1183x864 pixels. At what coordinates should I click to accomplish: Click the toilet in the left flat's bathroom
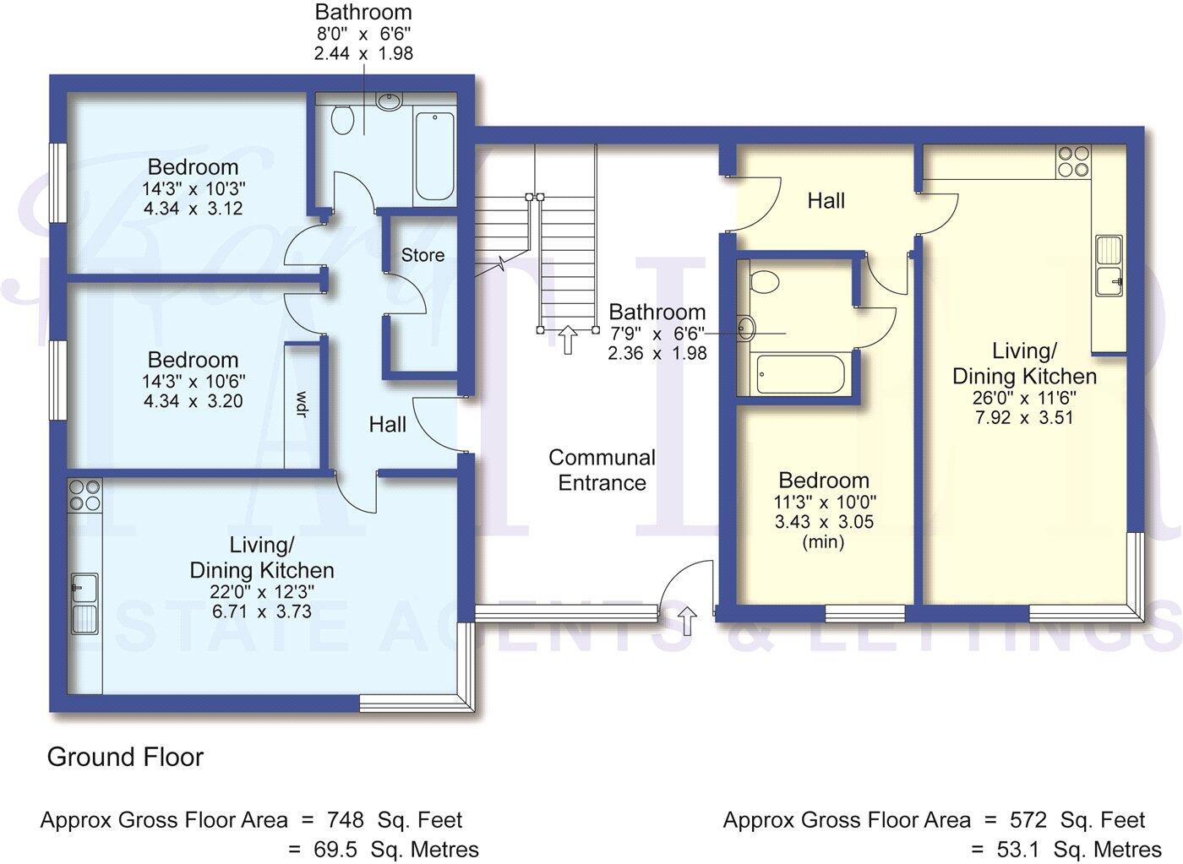(342, 119)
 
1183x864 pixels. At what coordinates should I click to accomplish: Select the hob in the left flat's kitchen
(84, 494)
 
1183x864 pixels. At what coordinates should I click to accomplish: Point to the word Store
(422, 255)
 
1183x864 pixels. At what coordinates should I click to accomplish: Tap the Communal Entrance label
(602, 470)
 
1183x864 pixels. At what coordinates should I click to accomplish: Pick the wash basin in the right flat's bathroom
(745, 328)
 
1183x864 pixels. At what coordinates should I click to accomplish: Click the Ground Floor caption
(125, 757)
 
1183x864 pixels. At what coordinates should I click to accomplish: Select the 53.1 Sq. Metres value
(1066, 849)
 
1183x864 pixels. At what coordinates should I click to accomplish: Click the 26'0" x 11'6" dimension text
(1024, 397)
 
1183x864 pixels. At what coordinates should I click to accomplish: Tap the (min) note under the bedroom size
(823, 542)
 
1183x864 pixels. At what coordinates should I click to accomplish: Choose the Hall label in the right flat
(826, 201)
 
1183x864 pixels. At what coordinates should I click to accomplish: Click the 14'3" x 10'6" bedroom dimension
(194, 381)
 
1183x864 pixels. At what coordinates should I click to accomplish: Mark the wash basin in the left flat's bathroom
(388, 102)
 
